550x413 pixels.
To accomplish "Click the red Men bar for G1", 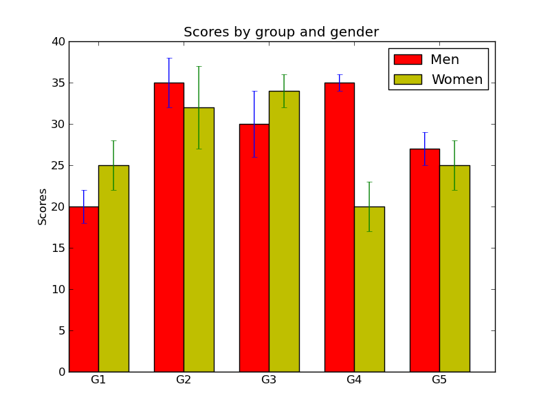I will click(84, 289).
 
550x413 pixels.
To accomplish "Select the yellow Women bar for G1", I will click(113, 268).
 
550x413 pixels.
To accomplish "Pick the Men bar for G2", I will click(169, 227).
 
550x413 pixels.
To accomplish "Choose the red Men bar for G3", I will click(254, 248).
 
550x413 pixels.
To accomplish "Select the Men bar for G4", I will click(340, 227).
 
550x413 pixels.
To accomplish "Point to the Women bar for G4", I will click(369, 289).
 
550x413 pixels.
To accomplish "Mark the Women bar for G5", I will click(454, 268).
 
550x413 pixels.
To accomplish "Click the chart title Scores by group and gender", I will click(281, 32).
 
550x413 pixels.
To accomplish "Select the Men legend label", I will click(444, 60).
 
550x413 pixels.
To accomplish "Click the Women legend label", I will click(456, 80).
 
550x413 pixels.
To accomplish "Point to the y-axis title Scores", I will click(43, 206).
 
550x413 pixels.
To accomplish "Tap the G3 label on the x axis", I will click(269, 380).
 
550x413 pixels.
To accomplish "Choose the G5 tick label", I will click(439, 380).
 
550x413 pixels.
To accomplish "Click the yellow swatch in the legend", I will click(408, 80).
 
